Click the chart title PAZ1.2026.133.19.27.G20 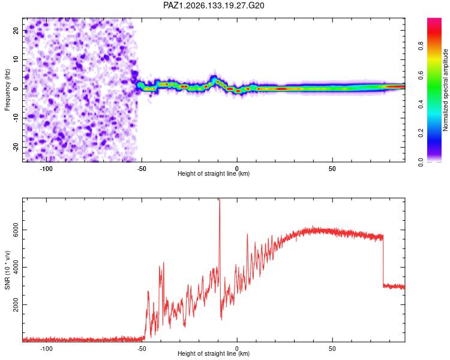(x=214, y=5)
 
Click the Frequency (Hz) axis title (x=7, y=90)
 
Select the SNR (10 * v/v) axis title (x=7, y=270)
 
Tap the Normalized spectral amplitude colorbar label (x=445, y=90)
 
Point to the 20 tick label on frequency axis (x=16, y=30)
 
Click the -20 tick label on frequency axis (x=16, y=147)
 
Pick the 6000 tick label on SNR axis (x=16, y=230)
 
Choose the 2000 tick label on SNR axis (x=16, y=305)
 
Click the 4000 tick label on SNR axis (x=16, y=267)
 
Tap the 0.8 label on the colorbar (x=421, y=46)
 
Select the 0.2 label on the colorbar (x=421, y=133)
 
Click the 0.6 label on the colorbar (x=421, y=75)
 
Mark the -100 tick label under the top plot (x=46, y=169)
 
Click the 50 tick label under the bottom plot (x=332, y=349)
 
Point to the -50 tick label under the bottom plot (x=141, y=349)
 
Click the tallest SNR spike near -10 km (x=220, y=200)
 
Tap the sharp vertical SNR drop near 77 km (x=383, y=260)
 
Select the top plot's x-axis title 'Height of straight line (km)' (x=214, y=173)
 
